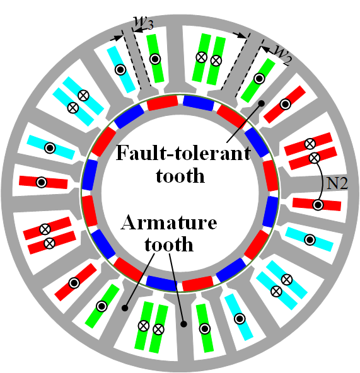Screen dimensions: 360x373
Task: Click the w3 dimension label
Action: (144, 23)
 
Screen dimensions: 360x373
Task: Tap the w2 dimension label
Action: (282, 55)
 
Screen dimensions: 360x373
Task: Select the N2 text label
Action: (337, 183)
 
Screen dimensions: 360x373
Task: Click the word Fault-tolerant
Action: (183, 153)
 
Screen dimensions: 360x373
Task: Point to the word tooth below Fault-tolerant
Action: (180, 175)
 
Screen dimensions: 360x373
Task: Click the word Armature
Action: (169, 222)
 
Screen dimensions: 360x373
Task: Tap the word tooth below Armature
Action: (169, 244)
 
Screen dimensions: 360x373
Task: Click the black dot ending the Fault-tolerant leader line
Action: (262, 103)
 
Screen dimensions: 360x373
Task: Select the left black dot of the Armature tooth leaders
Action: (125, 308)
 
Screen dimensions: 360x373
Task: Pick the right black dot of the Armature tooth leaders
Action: (183, 324)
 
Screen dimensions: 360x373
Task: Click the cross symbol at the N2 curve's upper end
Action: (314, 158)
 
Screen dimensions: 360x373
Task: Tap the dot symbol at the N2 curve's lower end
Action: (318, 205)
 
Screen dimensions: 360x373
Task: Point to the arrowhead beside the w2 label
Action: (265, 50)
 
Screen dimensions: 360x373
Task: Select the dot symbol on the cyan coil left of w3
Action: (120, 70)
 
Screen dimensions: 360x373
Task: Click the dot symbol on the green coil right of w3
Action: (155, 59)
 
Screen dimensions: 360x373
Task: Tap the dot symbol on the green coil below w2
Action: (259, 79)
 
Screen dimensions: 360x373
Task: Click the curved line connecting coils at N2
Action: (322, 181)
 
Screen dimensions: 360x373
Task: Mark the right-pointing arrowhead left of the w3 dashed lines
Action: (118, 38)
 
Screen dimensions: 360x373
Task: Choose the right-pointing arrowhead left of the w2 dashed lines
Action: (241, 36)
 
